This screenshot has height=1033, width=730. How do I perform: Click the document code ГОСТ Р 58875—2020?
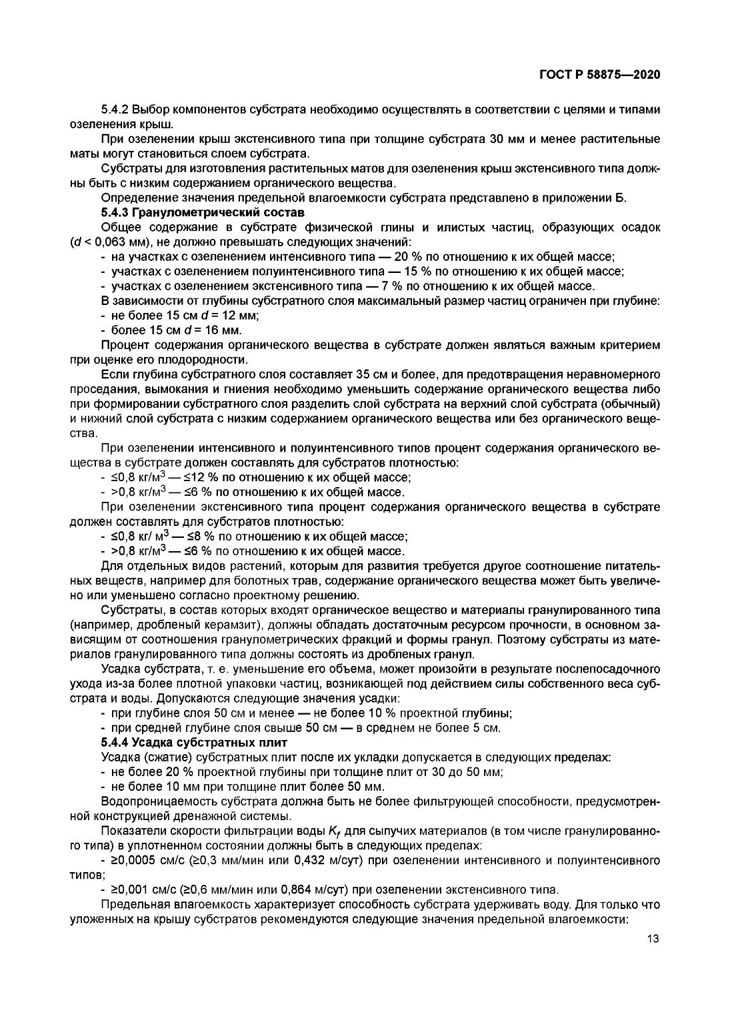pos(599,75)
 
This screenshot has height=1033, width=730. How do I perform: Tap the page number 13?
pos(653,939)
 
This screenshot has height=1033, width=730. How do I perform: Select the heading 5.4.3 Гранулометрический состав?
pos(203,213)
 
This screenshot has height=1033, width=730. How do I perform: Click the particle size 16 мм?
pos(225,330)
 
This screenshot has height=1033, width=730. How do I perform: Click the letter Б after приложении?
pos(623,198)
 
